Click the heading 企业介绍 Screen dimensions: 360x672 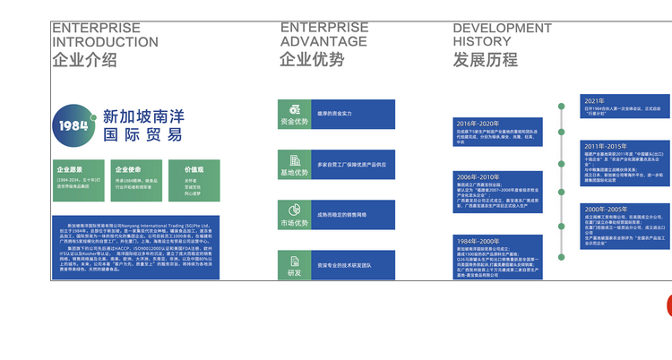click(x=84, y=61)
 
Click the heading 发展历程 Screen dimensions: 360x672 click(x=485, y=60)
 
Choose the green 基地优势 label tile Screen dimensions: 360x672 click(x=294, y=166)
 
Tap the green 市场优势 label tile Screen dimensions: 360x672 click(x=294, y=216)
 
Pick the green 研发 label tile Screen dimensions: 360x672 click(x=294, y=265)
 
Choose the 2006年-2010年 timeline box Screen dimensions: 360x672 click(x=501, y=190)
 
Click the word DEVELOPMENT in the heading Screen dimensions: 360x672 click(x=502, y=28)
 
